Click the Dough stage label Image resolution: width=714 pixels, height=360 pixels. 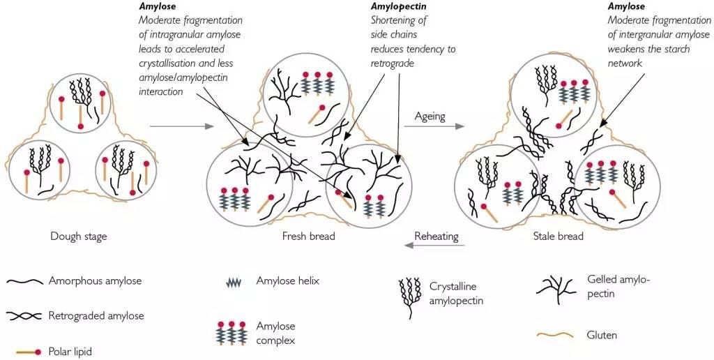pyautogui.click(x=79, y=236)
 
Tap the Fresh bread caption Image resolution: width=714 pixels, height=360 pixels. pyautogui.click(x=309, y=236)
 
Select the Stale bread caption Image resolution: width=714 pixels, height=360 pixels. pyautogui.click(x=558, y=236)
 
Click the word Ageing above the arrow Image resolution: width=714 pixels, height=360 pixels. pyautogui.click(x=430, y=117)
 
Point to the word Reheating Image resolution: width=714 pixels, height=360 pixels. pyautogui.click(x=436, y=237)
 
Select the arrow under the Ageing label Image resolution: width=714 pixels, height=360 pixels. pyautogui.click(x=434, y=126)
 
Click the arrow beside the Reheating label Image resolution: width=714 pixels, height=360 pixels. pyautogui.click(x=434, y=245)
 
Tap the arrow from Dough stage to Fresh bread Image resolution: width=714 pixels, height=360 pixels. pyautogui.click(x=182, y=126)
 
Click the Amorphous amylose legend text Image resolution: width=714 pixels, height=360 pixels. pyautogui.click(x=95, y=280)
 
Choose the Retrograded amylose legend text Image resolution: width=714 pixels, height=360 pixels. pyautogui.click(x=96, y=315)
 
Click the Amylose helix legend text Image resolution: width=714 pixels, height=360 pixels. pyautogui.click(x=288, y=280)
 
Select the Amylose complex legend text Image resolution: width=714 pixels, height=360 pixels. pyautogui.click(x=276, y=333)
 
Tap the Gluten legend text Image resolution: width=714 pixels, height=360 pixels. pyautogui.click(x=602, y=336)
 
